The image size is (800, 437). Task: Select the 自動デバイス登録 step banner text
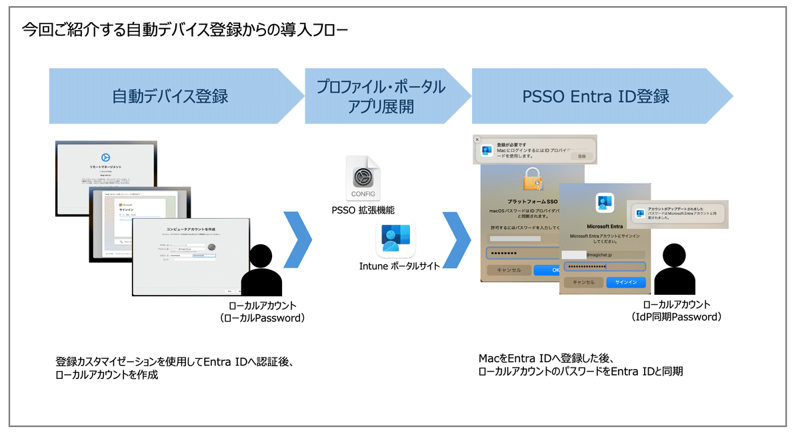(x=170, y=96)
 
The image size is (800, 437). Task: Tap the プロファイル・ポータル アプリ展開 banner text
(x=381, y=96)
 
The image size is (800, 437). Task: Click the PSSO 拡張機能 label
(x=363, y=211)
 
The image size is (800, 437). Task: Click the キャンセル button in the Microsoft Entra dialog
(x=583, y=282)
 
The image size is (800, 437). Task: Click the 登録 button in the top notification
(x=581, y=155)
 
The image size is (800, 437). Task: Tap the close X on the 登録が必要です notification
(x=477, y=139)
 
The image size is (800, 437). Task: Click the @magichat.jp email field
(x=605, y=254)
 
